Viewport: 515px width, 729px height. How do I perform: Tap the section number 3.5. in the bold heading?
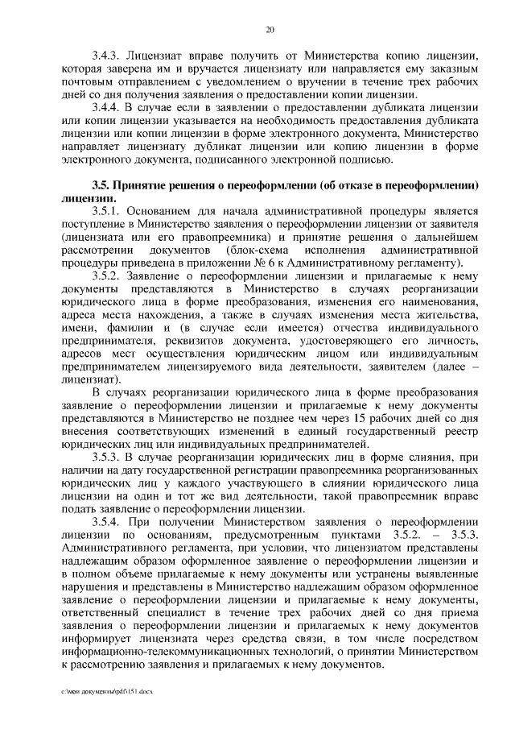coord(102,184)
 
